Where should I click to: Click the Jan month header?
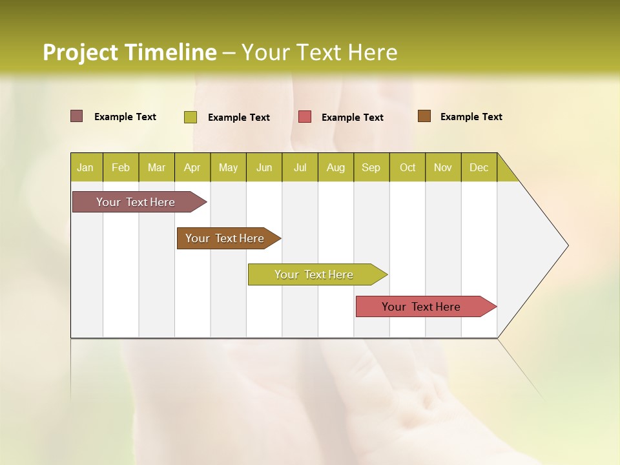point(85,167)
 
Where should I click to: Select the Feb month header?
point(121,167)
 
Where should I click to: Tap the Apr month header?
point(192,167)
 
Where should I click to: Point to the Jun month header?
point(264,167)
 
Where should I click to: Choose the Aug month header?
point(335,167)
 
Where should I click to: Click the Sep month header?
point(371,167)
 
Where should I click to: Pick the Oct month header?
point(408,167)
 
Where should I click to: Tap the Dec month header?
point(479,167)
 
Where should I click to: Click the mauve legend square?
point(77,116)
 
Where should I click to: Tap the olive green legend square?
point(191,117)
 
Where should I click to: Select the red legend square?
point(305,117)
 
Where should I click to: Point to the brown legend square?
point(424,116)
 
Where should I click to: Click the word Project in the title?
point(81,52)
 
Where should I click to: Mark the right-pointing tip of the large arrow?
point(566,245)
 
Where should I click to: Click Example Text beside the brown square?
point(471,117)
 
